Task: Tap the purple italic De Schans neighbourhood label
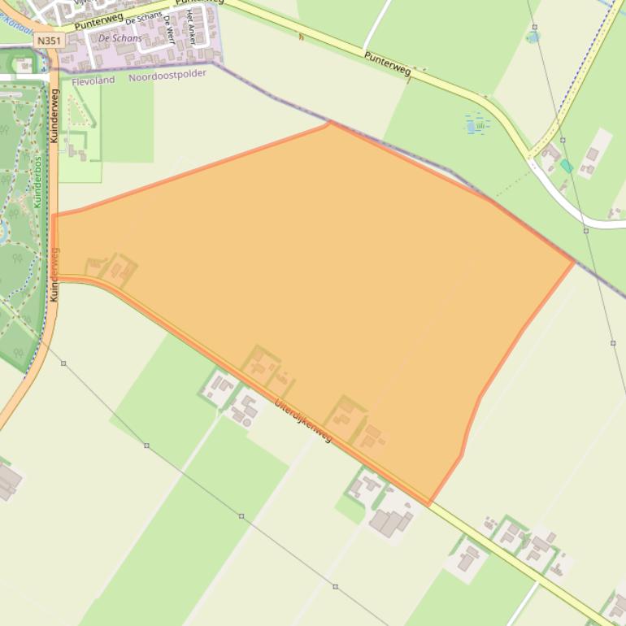coord(120,38)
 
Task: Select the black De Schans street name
coord(144,19)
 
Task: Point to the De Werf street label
coord(170,27)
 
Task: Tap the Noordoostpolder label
coord(167,74)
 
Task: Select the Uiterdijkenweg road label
coord(303,421)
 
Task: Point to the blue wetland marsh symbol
coord(477,124)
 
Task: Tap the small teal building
coord(567,166)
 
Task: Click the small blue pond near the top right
coord(533,37)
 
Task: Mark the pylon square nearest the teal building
coord(586,231)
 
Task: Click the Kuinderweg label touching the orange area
coord(54,274)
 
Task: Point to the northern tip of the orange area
coord(329,123)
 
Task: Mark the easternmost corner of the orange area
coord(574,262)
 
